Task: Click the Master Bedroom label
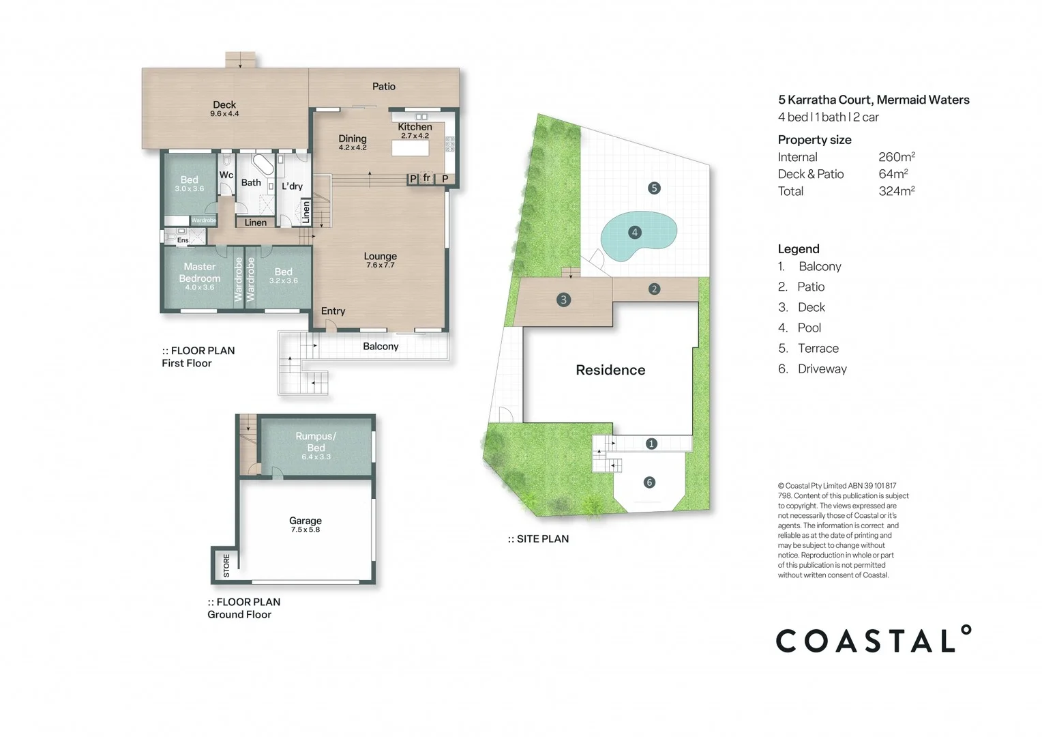[199, 272]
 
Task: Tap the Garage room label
[306, 521]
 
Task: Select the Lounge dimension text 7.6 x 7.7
[380, 265]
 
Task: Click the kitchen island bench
[411, 148]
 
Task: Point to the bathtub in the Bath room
[261, 165]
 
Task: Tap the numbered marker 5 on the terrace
[654, 188]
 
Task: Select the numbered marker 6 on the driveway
[649, 482]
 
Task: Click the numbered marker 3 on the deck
[563, 300]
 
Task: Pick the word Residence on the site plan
[610, 370]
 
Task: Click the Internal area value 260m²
[896, 157]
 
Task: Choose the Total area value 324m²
[896, 191]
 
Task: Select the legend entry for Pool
[809, 328]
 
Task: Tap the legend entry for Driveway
[822, 369]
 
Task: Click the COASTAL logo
[874, 640]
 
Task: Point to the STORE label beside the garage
[226, 565]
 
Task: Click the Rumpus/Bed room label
[316, 442]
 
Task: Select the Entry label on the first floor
[333, 311]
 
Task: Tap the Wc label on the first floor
[226, 175]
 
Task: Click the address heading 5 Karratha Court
[873, 100]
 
